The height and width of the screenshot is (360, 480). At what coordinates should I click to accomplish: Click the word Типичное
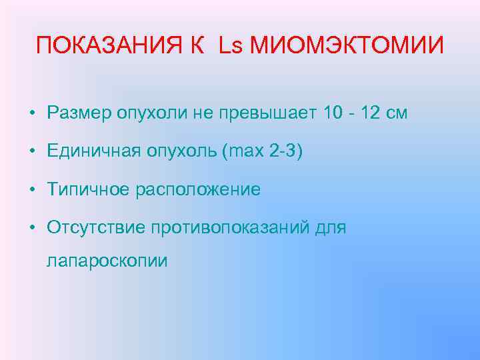click(x=88, y=190)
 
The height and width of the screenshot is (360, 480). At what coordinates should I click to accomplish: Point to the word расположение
click(x=198, y=191)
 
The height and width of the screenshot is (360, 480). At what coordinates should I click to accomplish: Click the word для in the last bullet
click(x=331, y=229)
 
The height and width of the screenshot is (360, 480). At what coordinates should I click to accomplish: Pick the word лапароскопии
click(x=107, y=260)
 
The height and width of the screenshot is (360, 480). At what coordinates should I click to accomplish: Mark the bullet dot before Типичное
click(x=32, y=190)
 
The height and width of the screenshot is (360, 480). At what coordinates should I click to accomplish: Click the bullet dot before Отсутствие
click(x=32, y=229)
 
